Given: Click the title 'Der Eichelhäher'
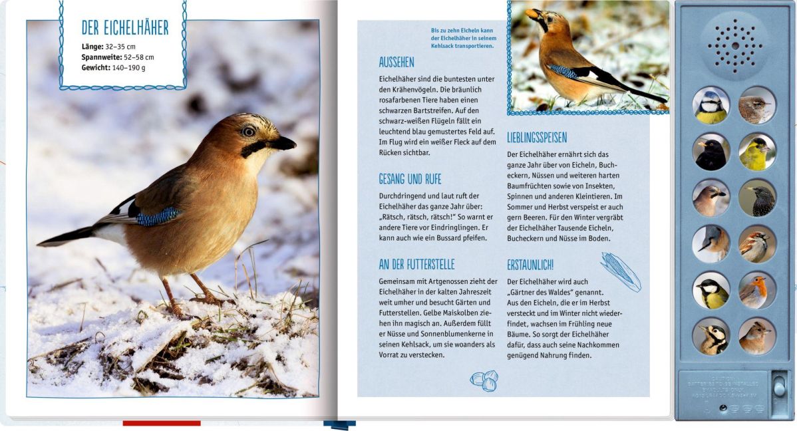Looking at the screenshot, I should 125,27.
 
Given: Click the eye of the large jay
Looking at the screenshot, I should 249,132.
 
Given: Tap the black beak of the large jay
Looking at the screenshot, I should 283,143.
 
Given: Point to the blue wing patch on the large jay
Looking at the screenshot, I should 158,216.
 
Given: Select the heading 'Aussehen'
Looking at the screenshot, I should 397,63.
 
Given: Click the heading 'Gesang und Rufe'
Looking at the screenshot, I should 410,179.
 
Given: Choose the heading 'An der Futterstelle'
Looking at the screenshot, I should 416,264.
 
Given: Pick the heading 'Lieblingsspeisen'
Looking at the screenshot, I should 537,138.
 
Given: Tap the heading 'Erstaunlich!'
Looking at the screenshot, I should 530,264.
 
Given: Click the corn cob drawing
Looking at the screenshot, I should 620,271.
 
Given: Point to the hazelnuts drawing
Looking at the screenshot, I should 484,380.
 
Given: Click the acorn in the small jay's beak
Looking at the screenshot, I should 532,13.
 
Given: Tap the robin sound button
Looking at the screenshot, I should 757,291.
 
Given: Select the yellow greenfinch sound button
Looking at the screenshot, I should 757,152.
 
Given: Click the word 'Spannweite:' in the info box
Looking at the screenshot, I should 102,57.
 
